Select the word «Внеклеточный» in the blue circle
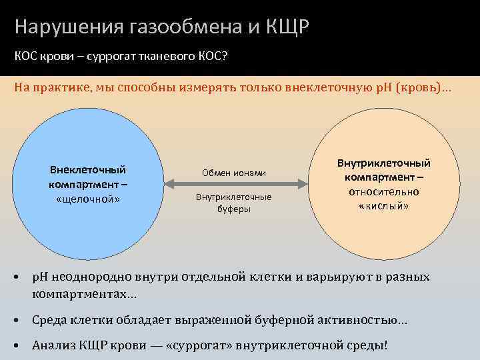(87, 170)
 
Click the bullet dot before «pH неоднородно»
(17, 276)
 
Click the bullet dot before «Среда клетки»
(17, 321)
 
